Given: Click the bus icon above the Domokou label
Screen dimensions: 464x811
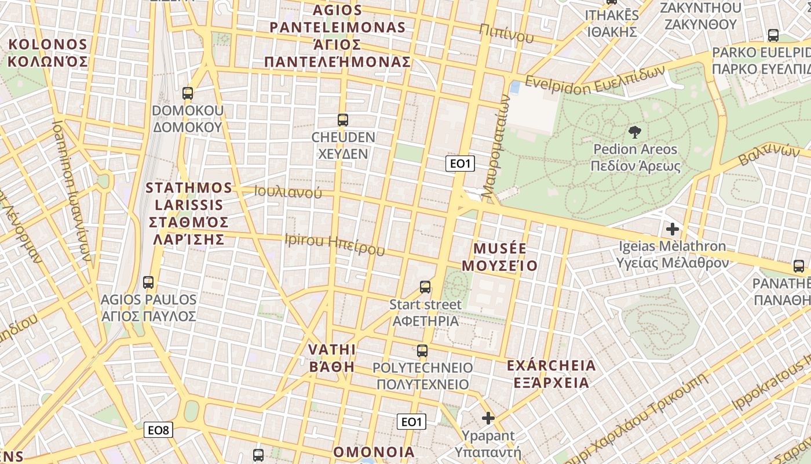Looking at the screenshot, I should pos(187,93).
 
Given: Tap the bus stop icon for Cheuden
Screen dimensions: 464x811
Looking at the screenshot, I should pos(343,120).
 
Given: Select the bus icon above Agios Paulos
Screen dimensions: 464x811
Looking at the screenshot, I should pos(148,282).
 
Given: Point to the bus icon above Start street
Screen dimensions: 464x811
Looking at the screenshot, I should pos(425,287).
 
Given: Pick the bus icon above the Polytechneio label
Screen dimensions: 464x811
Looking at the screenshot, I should pos(422,350).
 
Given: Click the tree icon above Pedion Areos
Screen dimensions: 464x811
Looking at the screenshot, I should pos(634,132).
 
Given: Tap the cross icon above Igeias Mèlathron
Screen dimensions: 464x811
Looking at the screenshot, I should pos(672,229).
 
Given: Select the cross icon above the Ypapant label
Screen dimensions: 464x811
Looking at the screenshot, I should pos(488,418).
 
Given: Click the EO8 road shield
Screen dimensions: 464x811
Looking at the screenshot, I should pos(158,430).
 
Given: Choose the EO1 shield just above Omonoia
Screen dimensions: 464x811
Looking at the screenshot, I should pos(411,422).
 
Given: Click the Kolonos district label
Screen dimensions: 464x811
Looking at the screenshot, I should pos(48,53).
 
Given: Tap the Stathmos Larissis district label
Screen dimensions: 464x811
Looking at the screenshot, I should pos(189,213).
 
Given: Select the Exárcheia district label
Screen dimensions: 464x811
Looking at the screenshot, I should pos(550,374).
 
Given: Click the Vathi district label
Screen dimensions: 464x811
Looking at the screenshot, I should pos(332,357).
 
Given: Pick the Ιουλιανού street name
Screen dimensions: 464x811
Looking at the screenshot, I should pos(288,192).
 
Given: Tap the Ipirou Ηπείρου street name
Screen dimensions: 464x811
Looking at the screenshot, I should pos(335,244).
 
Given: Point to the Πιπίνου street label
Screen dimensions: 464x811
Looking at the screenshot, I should pos(506,35).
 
